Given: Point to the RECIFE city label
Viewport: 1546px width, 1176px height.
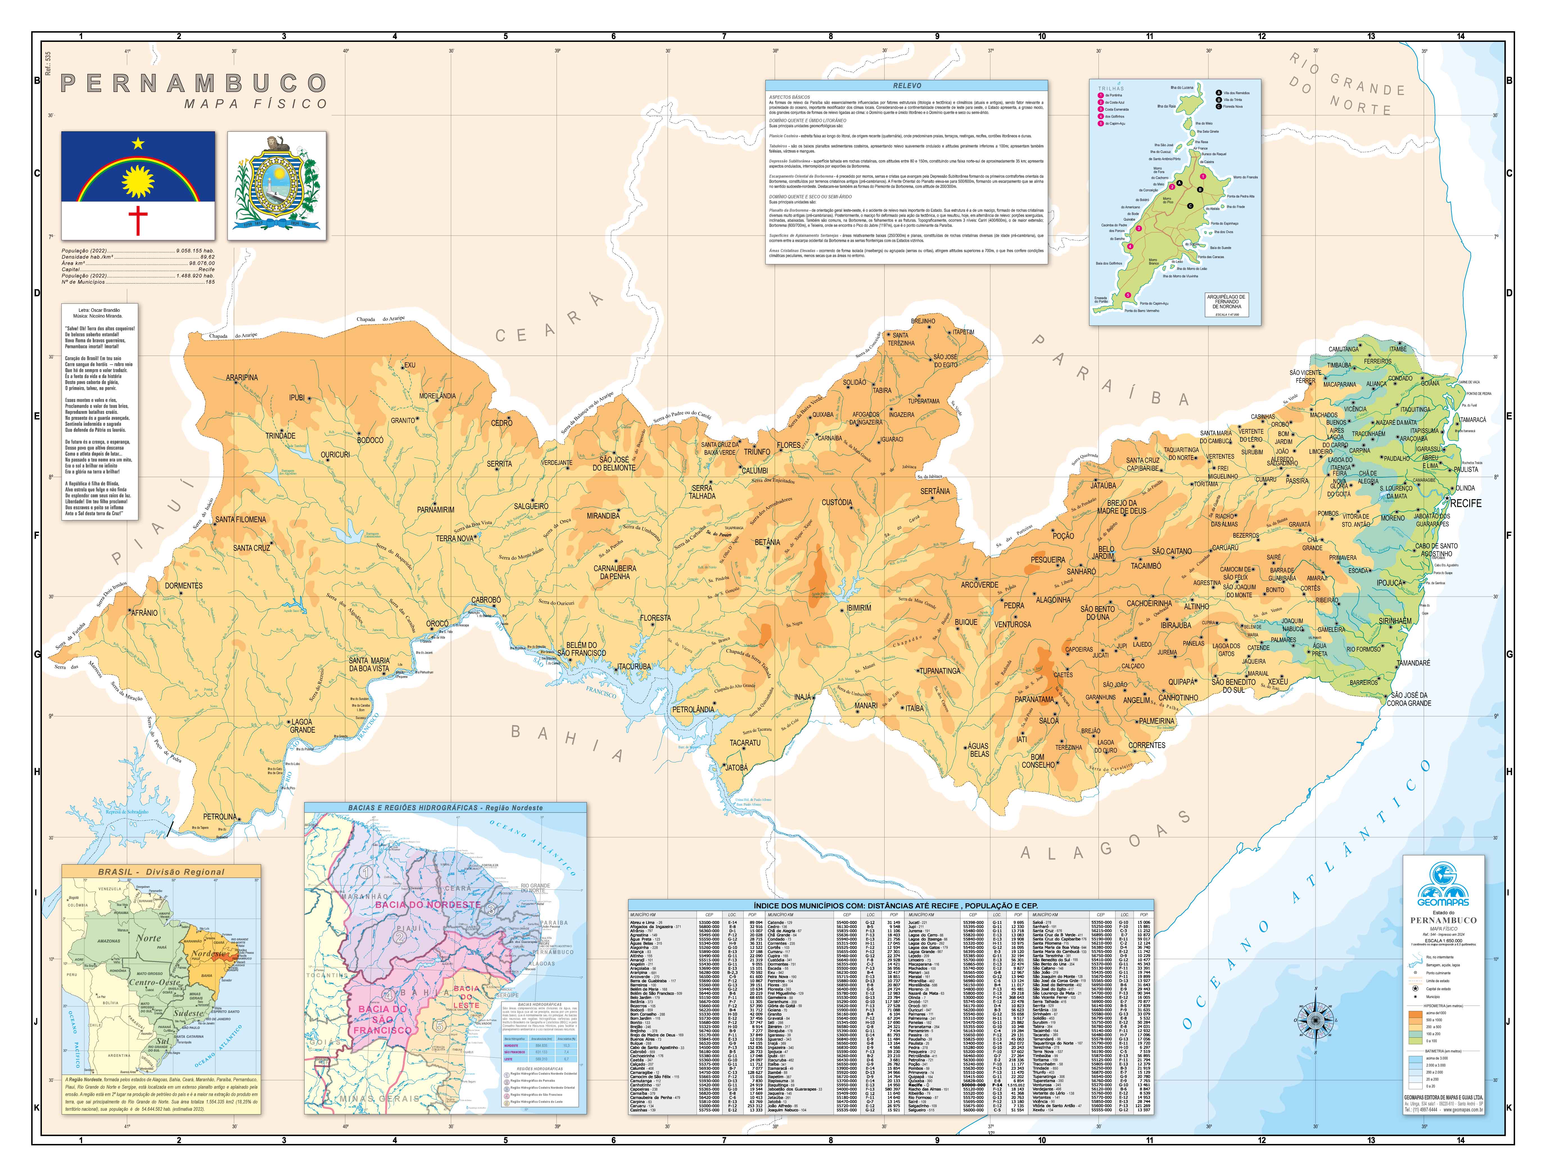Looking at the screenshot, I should [1466, 503].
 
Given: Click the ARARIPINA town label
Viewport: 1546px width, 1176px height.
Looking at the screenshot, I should [241, 377].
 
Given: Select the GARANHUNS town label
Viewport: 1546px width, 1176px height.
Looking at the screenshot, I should [1100, 697].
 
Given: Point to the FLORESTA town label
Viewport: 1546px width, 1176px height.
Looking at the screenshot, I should [655, 618].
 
